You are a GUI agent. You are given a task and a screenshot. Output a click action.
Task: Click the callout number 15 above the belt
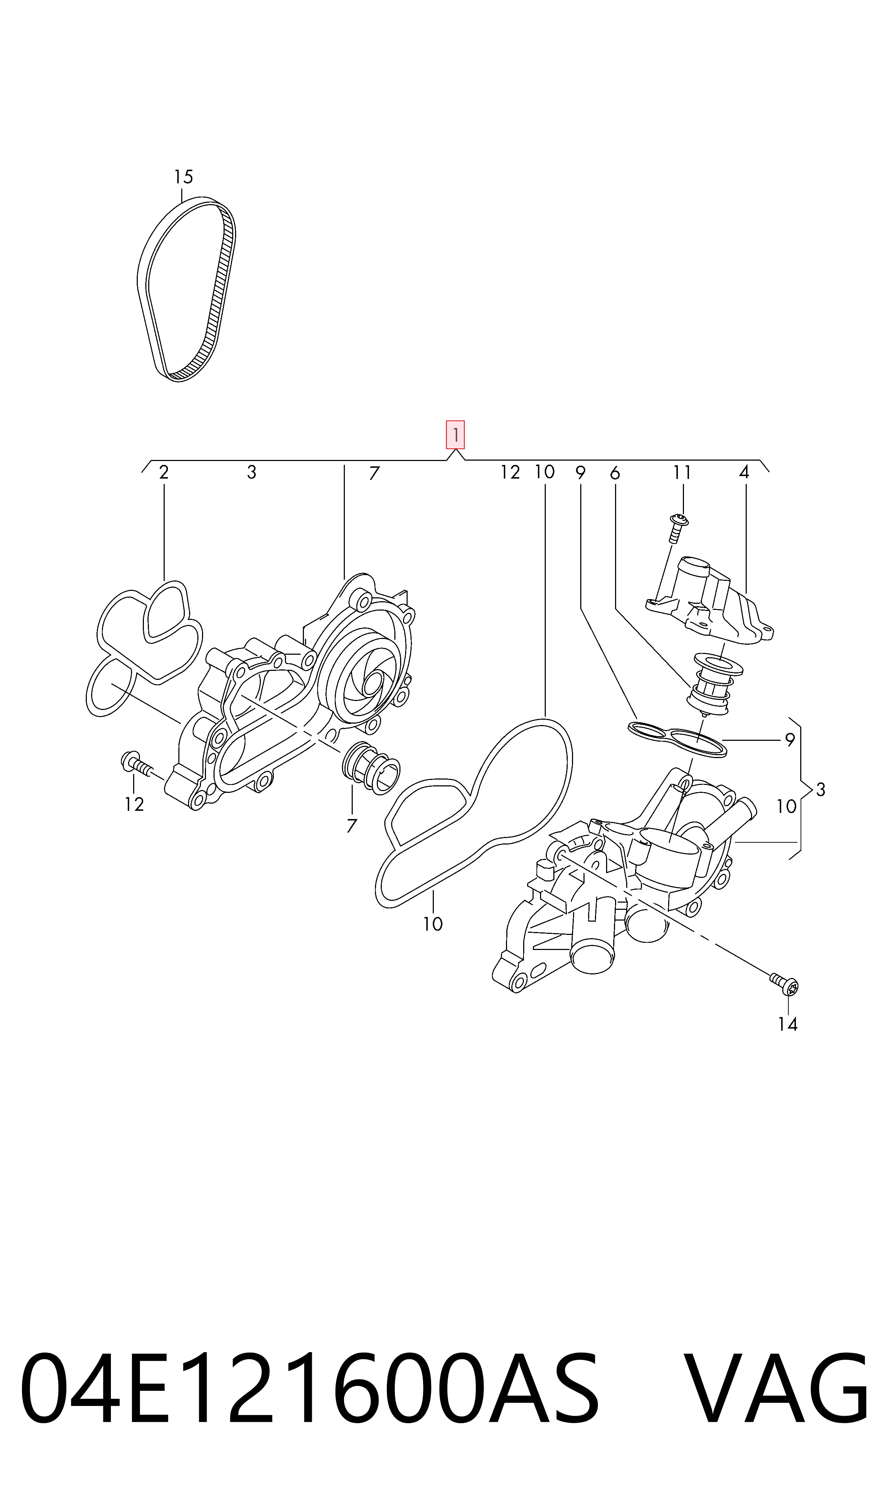point(183,177)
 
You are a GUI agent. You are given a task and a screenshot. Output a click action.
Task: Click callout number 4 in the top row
point(744,472)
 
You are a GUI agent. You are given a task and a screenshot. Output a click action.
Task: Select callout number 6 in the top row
point(614,474)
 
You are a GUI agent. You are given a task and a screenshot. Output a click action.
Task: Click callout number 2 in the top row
point(163,472)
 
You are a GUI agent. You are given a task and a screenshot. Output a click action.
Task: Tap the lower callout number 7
point(352,826)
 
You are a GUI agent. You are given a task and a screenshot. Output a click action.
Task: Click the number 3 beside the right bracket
point(820,790)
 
